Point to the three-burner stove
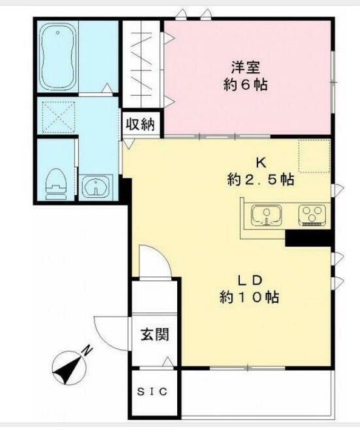[x=313, y=215]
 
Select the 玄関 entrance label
[x=155, y=334]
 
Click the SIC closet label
[x=155, y=392]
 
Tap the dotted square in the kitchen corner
[x=314, y=155]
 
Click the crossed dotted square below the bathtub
[x=56, y=116]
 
